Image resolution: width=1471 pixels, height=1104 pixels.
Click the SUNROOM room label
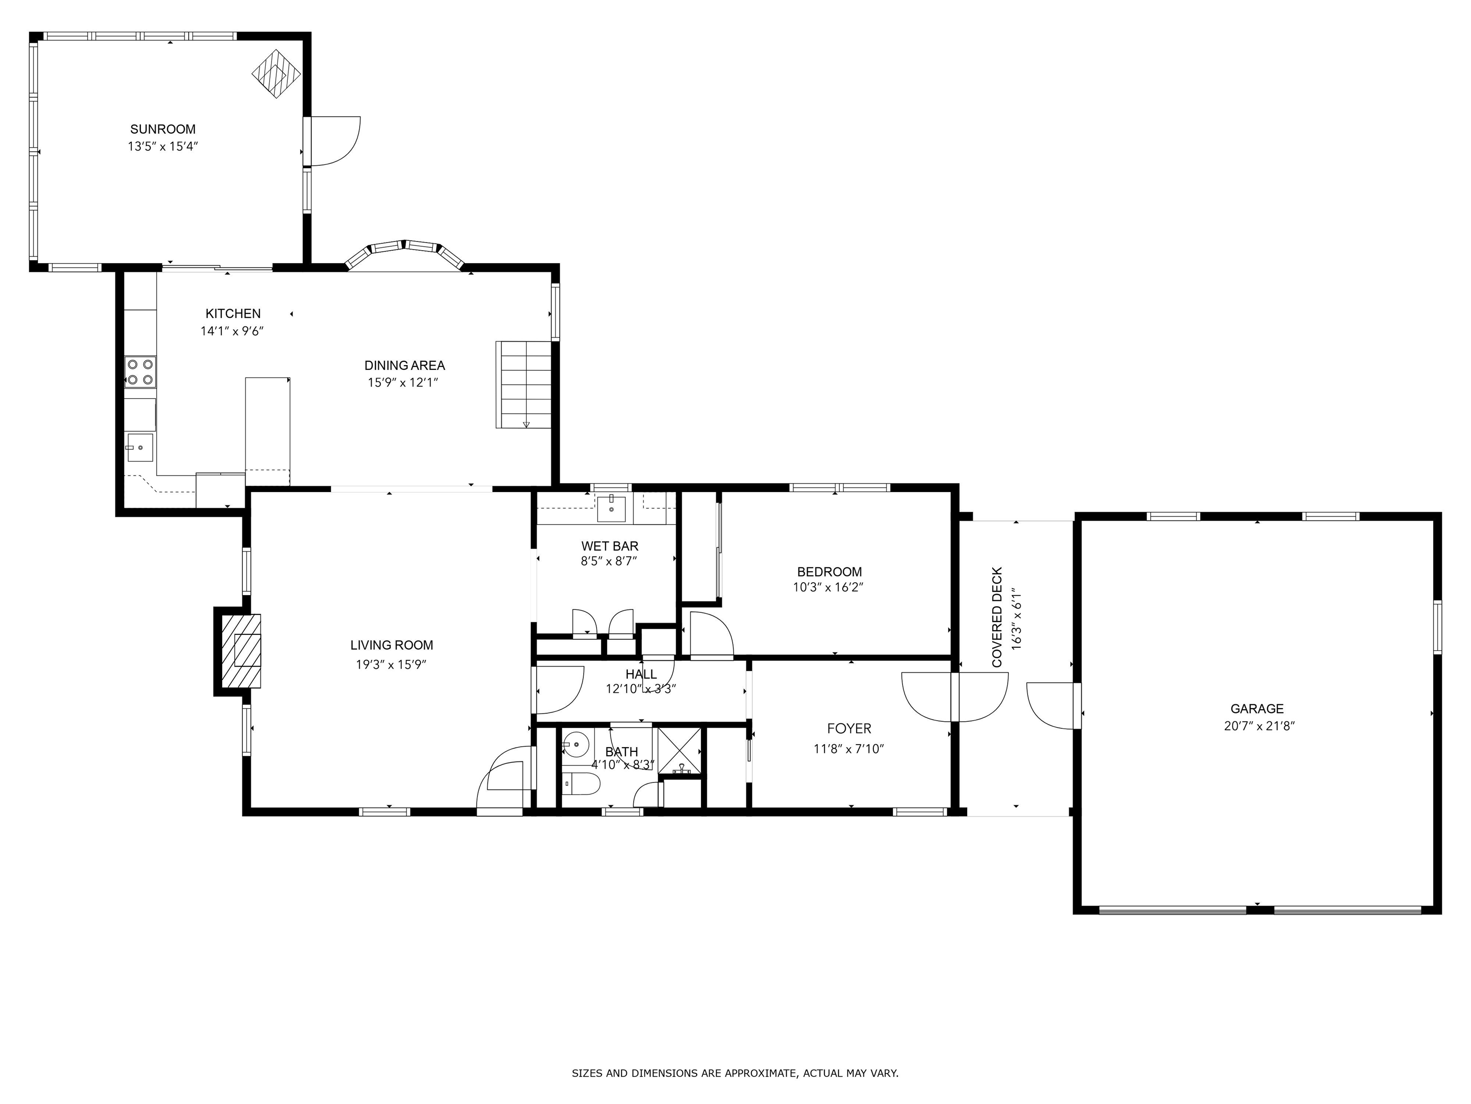pyautogui.click(x=163, y=129)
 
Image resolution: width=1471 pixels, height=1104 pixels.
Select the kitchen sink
pyautogui.click(x=140, y=447)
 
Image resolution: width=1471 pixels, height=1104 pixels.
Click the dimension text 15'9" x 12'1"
pyautogui.click(x=403, y=383)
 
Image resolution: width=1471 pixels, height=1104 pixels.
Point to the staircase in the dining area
pyautogui.click(x=524, y=385)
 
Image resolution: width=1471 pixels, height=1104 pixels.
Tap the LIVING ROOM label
pyautogui.click(x=392, y=645)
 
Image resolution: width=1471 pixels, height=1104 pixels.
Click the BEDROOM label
pyautogui.click(x=829, y=572)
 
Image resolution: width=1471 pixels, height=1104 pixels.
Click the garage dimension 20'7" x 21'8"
pyautogui.click(x=1259, y=726)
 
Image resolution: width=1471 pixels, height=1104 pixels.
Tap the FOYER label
pyautogui.click(x=849, y=729)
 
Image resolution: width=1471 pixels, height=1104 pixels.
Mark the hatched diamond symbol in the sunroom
pyautogui.click(x=276, y=74)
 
